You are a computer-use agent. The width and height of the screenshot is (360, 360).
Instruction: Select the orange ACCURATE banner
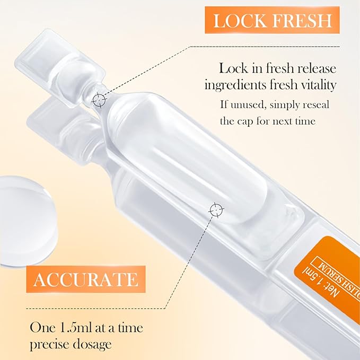click(85, 279)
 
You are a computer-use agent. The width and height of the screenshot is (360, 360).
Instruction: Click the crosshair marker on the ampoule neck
click(98, 99)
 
